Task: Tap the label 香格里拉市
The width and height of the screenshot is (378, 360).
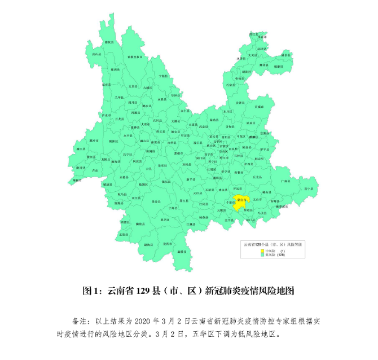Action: (x=134, y=57)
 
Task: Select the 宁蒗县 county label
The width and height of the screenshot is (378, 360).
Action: (x=162, y=75)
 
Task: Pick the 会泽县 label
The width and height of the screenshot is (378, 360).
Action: (x=240, y=103)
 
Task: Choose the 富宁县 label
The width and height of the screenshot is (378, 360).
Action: (x=309, y=188)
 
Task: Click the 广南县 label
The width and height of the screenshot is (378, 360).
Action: (x=285, y=182)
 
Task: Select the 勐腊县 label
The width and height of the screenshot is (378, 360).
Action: (x=182, y=251)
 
